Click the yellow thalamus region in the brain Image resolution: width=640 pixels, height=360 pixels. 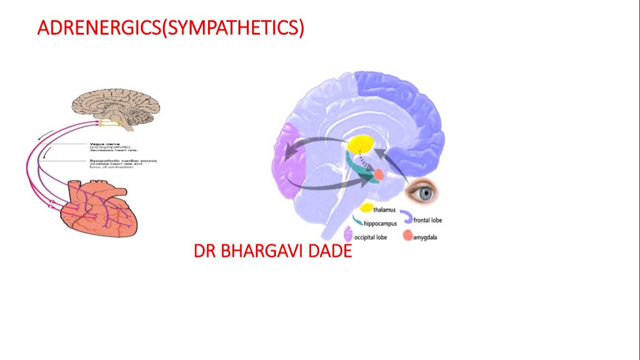coord(361,144)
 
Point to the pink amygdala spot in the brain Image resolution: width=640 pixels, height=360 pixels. coord(378,174)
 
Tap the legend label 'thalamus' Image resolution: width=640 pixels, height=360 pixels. coord(384,210)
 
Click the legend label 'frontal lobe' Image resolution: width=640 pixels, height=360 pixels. coord(427,220)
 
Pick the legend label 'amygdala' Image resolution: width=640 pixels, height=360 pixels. coord(425,237)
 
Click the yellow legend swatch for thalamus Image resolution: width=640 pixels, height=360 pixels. coord(366,208)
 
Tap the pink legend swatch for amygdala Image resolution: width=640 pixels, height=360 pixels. coord(407,235)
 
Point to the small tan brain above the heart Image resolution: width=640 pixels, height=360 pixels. coord(116,106)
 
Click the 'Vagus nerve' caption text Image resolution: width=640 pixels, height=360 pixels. coord(105,144)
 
